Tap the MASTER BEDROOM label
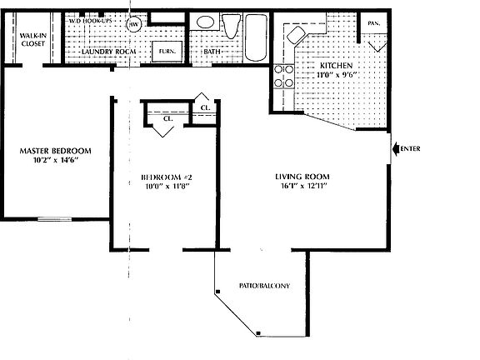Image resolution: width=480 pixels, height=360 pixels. point(56,150)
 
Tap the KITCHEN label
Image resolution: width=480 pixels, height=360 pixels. point(336,65)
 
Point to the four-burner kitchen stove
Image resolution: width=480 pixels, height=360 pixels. point(283,77)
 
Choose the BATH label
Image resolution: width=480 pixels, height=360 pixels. point(212,51)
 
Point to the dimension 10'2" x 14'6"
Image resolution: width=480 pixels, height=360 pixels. point(56,161)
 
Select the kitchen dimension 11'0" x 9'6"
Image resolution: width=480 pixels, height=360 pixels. point(336,75)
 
